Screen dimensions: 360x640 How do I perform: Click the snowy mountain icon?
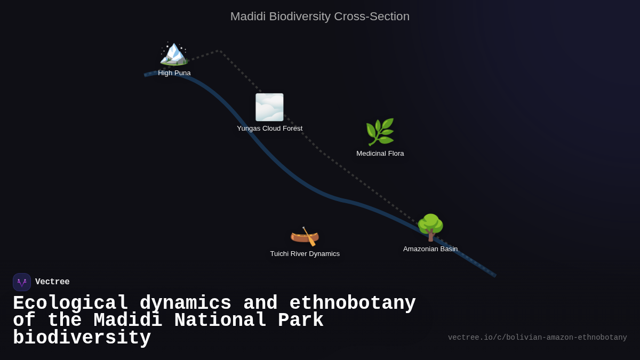tap(174, 53)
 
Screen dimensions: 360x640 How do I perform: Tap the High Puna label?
tap(174, 73)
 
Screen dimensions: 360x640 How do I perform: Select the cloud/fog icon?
tap(269, 107)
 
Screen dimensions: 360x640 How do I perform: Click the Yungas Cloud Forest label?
tap(269, 129)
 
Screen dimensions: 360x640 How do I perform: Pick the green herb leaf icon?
tap(380, 132)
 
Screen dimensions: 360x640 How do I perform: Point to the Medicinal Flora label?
tap(380, 154)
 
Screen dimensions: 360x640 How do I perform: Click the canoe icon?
tap(305, 236)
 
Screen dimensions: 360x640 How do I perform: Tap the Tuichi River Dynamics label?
tap(305, 254)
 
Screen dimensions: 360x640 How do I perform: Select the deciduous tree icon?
tap(430, 227)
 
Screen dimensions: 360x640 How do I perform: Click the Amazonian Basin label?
tap(430, 249)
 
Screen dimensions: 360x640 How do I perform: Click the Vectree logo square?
tap(22, 282)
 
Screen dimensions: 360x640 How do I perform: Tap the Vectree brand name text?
tap(52, 282)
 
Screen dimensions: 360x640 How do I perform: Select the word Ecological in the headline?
tap(70, 303)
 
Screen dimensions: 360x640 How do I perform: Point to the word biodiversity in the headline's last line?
tap(82, 338)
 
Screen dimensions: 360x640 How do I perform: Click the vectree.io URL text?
tap(537, 338)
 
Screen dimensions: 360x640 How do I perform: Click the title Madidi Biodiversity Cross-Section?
tap(320, 17)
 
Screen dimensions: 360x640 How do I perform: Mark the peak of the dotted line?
tap(219, 51)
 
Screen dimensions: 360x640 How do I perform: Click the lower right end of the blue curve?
tap(494, 275)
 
